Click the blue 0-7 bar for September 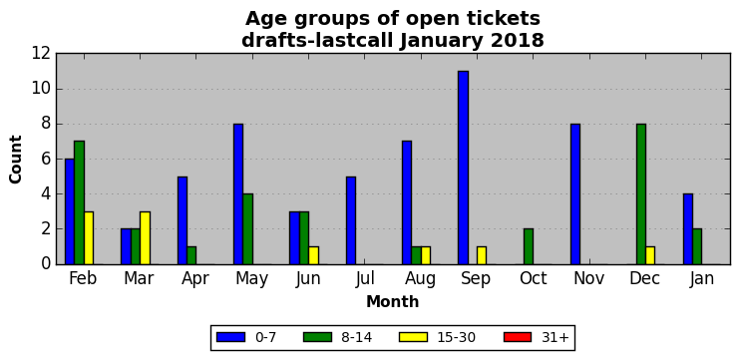coord(464,168)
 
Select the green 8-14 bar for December coord(641,194)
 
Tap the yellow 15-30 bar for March coord(146,238)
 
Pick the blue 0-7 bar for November coord(575,194)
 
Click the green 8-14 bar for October coord(529,246)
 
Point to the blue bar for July coord(351,220)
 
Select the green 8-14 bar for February coord(79,202)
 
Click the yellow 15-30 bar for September coord(482,255)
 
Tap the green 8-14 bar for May coord(248,229)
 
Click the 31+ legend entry coord(537,337)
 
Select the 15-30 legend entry coord(437,337)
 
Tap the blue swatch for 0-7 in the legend coord(230,337)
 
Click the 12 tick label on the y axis coord(40,54)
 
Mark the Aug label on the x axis coord(421,279)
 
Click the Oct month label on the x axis coord(533,278)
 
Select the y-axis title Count coord(16,160)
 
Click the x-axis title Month coord(393,301)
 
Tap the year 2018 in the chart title coord(517,41)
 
